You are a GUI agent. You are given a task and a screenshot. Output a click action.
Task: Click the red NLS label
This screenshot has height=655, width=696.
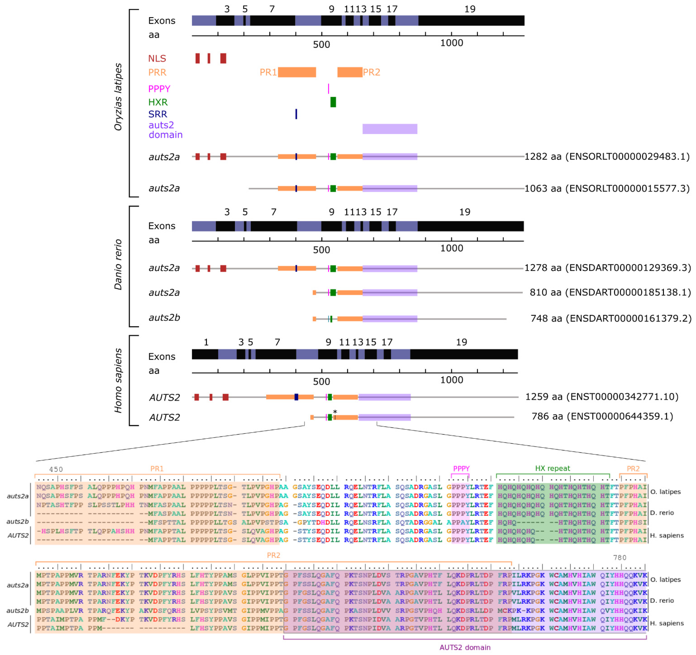[157, 58]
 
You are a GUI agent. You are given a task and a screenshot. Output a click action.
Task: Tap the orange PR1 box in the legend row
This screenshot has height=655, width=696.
[297, 72]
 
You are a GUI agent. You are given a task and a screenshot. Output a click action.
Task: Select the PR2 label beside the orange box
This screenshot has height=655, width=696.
[371, 72]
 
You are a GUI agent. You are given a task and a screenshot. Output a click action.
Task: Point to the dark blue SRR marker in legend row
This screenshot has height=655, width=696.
[296, 114]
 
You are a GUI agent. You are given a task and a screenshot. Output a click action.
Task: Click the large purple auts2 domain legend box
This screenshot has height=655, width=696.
[390, 129]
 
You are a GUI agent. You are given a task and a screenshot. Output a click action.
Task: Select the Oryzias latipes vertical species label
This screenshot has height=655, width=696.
[118, 97]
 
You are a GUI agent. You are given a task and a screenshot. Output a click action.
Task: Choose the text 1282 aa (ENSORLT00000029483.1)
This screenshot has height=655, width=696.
[607, 157]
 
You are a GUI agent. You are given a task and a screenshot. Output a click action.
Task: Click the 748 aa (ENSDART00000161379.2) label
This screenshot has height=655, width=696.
[611, 318]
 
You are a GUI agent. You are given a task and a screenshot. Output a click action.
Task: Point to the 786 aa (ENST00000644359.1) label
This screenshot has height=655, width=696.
[602, 416]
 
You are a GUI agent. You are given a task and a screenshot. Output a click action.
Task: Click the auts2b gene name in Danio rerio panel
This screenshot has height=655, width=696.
[164, 318]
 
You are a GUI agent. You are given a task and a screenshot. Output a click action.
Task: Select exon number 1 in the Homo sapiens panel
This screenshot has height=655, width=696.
[206, 342]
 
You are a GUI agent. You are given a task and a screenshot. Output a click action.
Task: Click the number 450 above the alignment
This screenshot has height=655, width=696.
[56, 469]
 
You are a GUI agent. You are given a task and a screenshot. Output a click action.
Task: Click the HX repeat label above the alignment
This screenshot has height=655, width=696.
[552, 468]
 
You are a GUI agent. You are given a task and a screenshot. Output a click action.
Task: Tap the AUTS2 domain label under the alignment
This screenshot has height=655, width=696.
[465, 647]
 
